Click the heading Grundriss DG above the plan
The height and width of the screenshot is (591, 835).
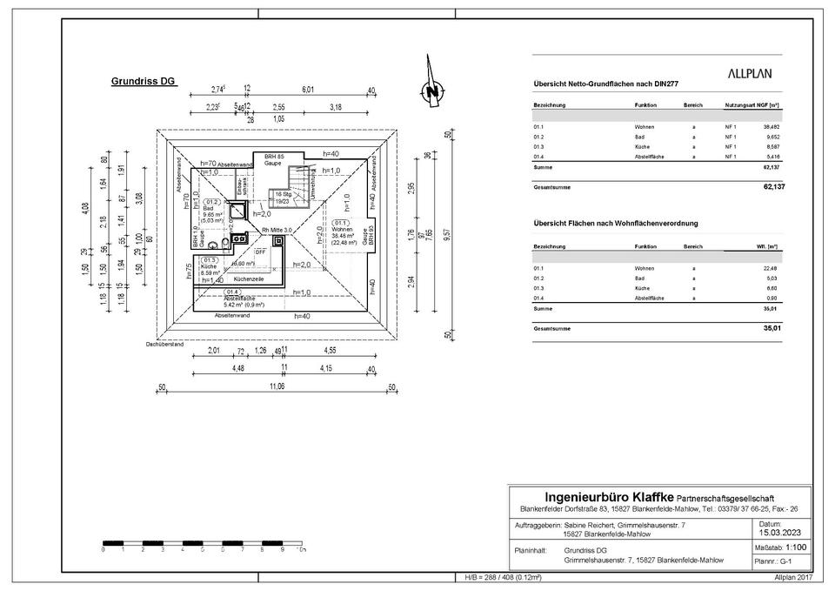tap(144, 81)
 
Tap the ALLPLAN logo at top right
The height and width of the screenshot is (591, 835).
tap(749, 75)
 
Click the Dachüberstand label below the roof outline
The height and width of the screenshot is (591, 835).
tap(164, 345)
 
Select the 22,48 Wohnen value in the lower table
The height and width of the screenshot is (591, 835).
tap(771, 268)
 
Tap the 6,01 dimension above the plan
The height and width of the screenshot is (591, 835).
tap(308, 90)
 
